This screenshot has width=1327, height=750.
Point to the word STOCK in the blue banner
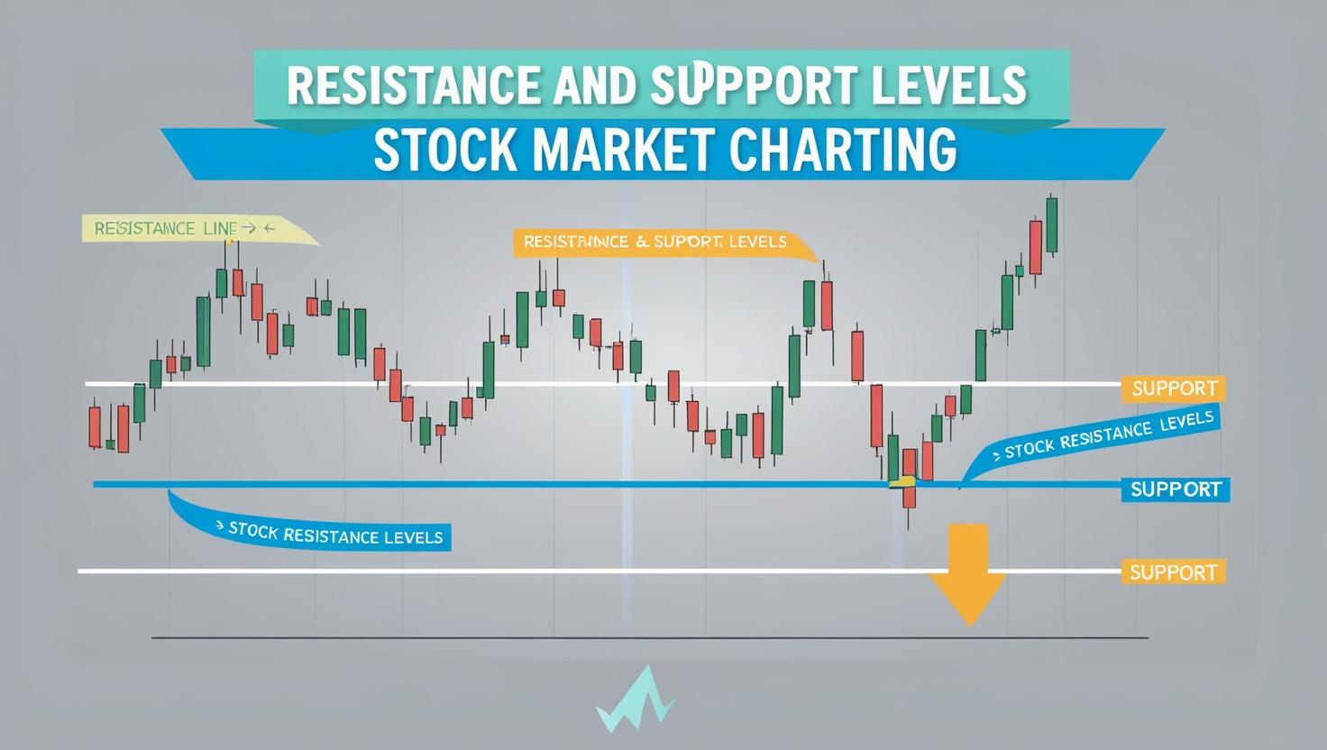tap(445, 150)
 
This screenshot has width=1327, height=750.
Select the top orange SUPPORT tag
tap(1174, 389)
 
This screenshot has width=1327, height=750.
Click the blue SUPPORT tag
tap(1176, 489)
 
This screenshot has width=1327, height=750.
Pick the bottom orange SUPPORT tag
tap(1173, 572)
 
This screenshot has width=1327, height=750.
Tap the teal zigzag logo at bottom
tap(635, 700)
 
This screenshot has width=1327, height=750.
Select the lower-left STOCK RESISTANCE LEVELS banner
tap(334, 535)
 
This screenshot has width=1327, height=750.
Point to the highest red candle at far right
tap(1035, 247)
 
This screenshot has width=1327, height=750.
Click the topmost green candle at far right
tap(1051, 225)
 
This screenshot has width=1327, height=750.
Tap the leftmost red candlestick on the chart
tap(95, 426)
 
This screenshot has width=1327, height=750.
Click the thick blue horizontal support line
tap(541, 485)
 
